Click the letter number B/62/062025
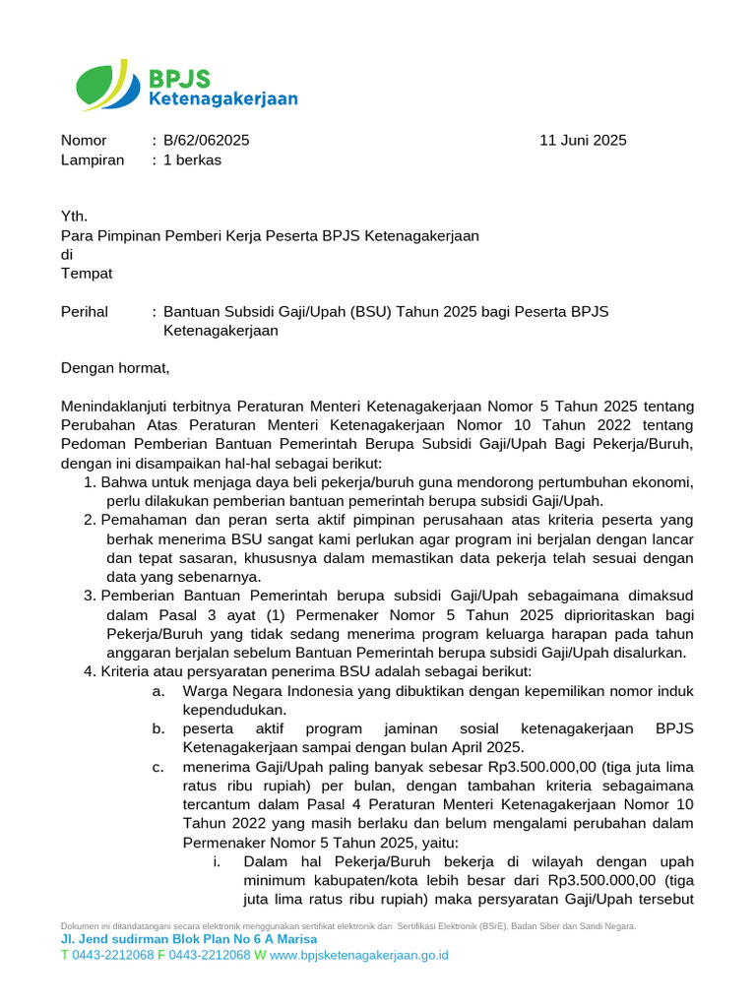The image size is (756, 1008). [206, 141]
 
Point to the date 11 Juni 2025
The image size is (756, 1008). [583, 141]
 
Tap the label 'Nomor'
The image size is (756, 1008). [84, 141]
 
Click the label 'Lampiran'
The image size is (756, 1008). [93, 160]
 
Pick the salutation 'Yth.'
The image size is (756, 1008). [74, 217]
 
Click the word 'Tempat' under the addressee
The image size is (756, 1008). [87, 274]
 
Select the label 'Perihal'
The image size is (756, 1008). [85, 312]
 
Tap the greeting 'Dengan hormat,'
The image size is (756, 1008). [115, 368]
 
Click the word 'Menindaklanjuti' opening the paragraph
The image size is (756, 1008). [115, 407]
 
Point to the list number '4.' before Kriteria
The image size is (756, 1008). [91, 671]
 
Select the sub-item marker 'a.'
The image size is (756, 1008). [157, 691]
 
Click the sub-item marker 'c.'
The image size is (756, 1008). [157, 767]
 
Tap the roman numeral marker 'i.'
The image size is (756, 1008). [216, 861]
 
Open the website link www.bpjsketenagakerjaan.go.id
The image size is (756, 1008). [359, 955]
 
